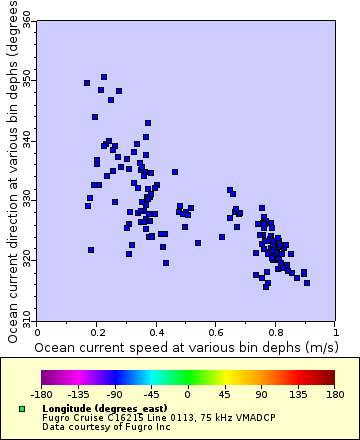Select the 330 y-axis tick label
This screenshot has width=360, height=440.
coord(28,200)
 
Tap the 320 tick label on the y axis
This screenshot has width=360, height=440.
coord(28,260)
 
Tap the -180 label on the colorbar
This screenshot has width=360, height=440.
coord(42,394)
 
